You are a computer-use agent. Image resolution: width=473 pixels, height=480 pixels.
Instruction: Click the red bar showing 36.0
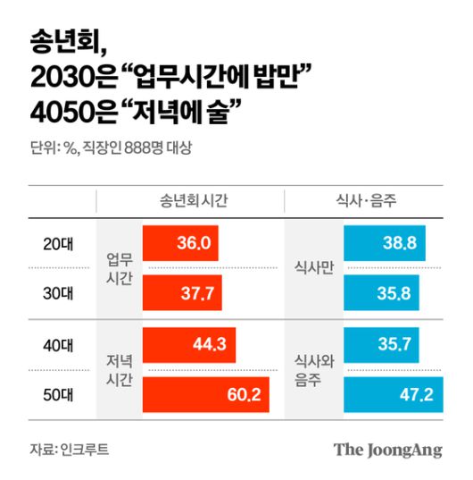tap(181, 242)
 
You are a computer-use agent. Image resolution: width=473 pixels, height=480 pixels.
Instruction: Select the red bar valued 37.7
tap(183, 291)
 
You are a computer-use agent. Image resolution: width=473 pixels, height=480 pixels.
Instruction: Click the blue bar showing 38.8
tap(385, 242)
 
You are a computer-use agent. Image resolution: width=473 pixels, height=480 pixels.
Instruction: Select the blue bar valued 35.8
tap(382, 291)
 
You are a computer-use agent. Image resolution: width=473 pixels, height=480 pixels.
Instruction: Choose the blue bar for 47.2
tap(393, 393)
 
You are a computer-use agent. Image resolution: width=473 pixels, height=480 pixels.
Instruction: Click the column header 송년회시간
tap(187, 201)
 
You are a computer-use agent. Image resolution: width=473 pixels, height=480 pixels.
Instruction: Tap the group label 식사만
tap(313, 267)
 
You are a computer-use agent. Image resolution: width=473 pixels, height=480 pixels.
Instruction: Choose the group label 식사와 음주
tap(313, 368)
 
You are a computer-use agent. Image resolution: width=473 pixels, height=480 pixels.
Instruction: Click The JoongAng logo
tap(387, 449)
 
